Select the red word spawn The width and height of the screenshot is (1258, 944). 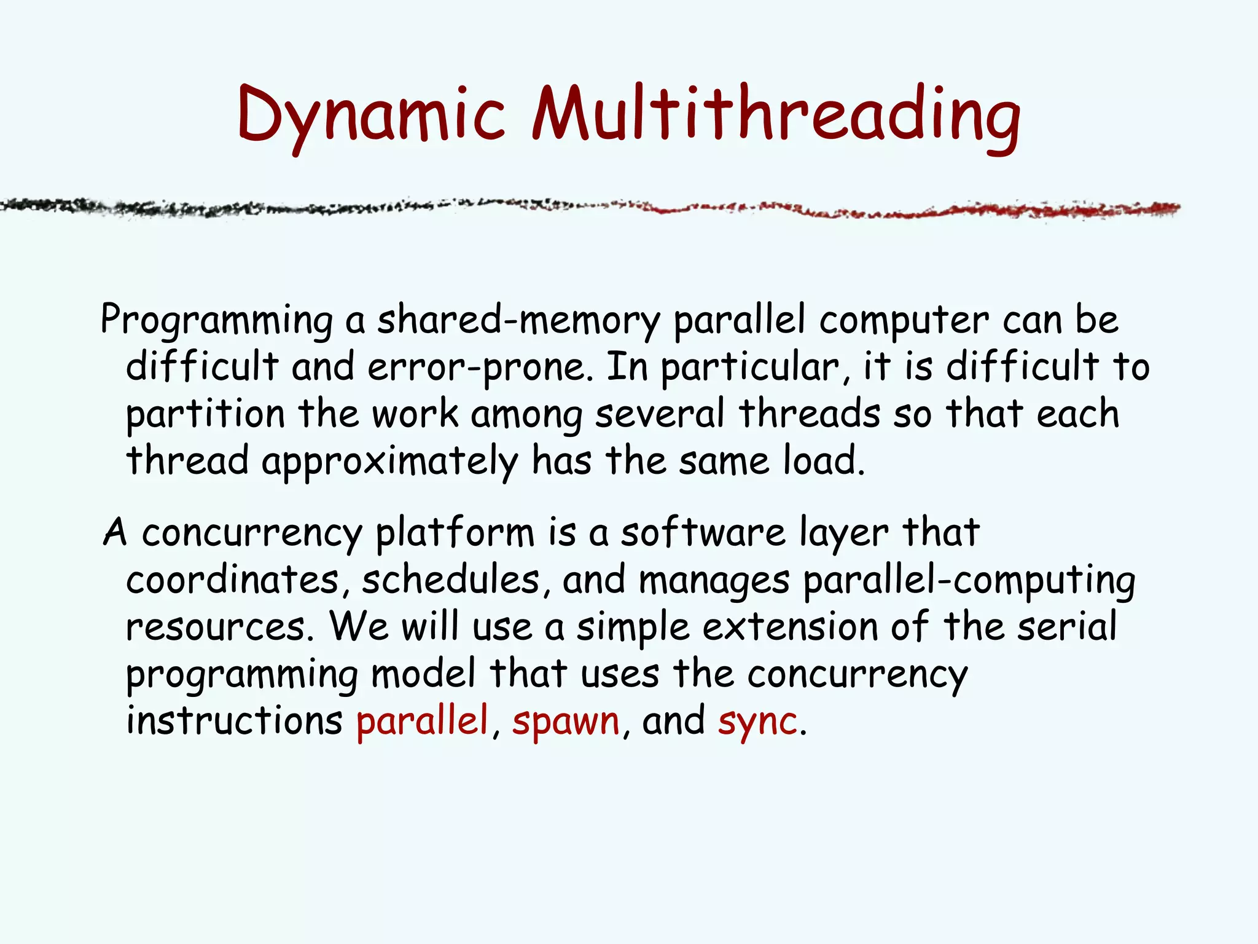[x=566, y=720]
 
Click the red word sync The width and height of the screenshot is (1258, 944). [x=757, y=720]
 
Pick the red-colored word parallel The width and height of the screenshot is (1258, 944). [x=422, y=720]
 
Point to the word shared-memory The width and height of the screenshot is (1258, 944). [x=518, y=320]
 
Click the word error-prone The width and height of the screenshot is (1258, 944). [x=476, y=367]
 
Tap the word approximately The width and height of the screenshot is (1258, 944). [x=390, y=461]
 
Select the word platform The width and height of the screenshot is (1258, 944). [x=455, y=532]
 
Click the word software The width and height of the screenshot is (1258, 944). [x=703, y=532]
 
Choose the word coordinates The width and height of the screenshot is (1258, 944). [x=232, y=579]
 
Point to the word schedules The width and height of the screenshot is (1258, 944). [x=451, y=579]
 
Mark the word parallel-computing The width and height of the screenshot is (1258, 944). [x=969, y=580]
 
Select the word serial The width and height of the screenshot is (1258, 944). [x=1067, y=627]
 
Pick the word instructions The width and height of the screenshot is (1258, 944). [x=234, y=720]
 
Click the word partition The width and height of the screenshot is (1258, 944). [x=205, y=414]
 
